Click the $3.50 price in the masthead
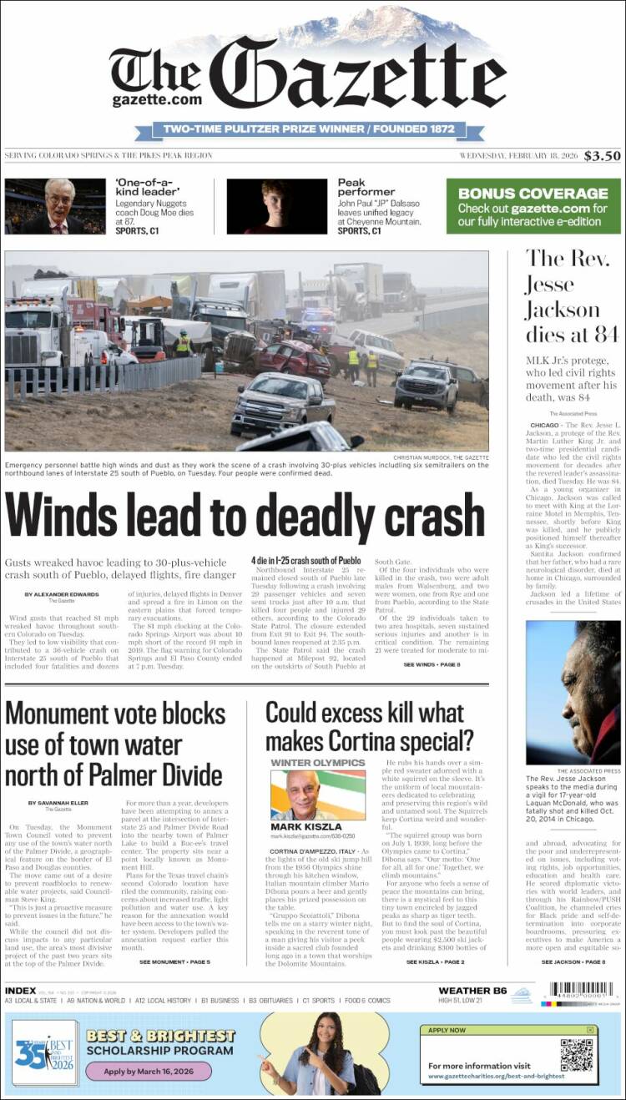tap(602, 155)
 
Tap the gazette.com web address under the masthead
tap(157, 99)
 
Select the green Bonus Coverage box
tap(533, 206)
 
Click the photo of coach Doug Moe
tap(55, 206)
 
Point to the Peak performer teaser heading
tap(363, 187)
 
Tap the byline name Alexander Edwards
tap(62, 594)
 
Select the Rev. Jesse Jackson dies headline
tap(572, 295)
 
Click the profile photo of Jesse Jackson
tap(573, 692)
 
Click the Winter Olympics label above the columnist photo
tap(318, 763)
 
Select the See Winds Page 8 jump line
tap(432, 664)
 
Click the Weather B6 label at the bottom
tap(472, 991)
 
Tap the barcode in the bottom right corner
tap(581, 991)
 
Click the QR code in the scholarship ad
tap(576, 1054)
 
